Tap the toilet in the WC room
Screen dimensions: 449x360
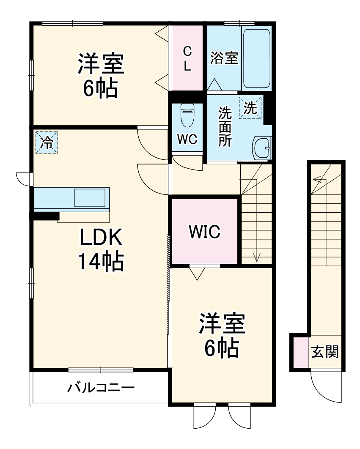pos(187,115)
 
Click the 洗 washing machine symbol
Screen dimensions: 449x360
pos(250,108)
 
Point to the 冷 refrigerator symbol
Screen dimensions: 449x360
pos(46,142)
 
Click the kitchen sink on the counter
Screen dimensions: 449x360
pos(90,198)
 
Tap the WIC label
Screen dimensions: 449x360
pos(204,231)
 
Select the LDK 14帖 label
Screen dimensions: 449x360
pos(100,250)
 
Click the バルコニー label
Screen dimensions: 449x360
pos(101,387)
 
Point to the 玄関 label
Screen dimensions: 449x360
pos(325,351)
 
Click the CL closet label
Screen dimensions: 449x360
pos(187,58)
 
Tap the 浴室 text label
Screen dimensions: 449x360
pos(224,58)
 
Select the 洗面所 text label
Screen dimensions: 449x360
pos(225,127)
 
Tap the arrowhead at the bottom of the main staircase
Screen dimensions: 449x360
pos(256,257)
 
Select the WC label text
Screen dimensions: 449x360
pos(187,140)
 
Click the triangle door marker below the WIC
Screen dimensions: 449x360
pos(195,274)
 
